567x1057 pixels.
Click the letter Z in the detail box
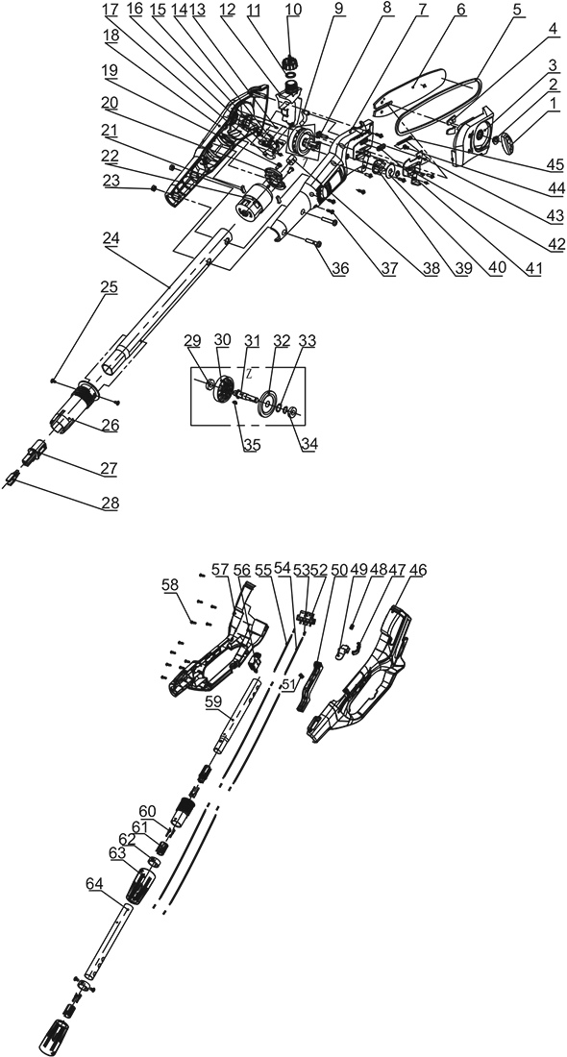click(248, 371)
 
